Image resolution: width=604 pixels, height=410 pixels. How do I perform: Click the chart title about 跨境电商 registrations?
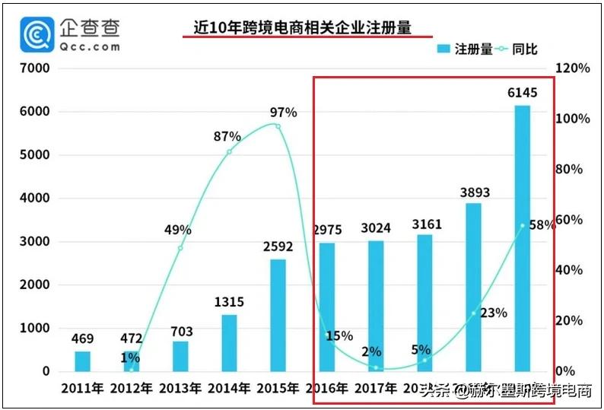click(302, 28)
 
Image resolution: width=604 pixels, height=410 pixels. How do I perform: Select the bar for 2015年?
click(278, 315)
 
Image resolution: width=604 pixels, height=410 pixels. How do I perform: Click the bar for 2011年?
click(83, 361)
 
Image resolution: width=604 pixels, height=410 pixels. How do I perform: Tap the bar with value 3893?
click(473, 287)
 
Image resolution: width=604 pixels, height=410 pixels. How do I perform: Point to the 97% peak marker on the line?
click(278, 126)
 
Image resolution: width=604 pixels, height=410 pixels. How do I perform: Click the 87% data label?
click(227, 137)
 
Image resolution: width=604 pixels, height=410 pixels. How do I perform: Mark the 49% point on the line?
click(180, 248)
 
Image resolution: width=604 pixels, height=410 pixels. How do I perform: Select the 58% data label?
click(540, 225)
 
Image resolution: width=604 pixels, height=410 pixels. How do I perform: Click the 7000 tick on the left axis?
click(34, 68)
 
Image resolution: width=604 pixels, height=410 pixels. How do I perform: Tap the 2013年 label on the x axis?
click(180, 389)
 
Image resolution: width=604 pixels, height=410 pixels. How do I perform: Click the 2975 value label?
click(326, 230)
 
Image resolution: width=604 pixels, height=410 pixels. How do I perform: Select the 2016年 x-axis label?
click(326, 389)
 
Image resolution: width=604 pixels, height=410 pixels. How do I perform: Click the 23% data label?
click(493, 312)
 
